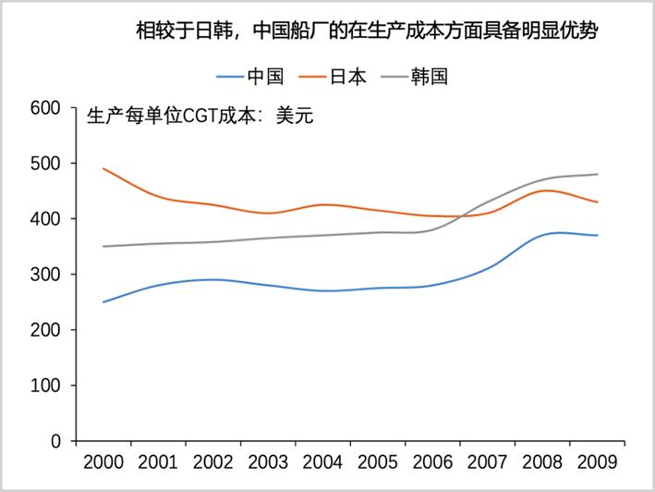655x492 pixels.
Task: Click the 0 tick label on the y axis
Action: [55, 441]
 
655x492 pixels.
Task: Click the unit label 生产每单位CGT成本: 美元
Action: [200, 117]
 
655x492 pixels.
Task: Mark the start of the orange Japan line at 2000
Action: [103, 168]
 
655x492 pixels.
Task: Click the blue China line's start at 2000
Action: [103, 301]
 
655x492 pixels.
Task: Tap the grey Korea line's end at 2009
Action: [597, 175]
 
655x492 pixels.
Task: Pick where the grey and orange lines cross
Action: [458, 215]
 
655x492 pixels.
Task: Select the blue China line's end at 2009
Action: [597, 235]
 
